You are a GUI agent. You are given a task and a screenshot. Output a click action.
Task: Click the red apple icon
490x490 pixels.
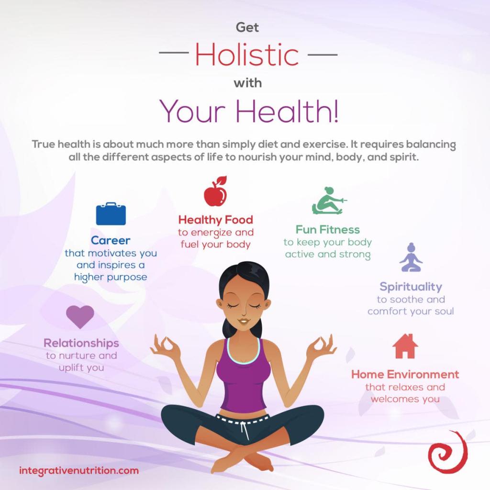point(215,192)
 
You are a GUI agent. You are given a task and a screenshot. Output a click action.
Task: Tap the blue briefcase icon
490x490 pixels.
point(111,214)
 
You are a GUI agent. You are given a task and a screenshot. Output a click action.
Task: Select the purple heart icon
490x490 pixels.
point(80,316)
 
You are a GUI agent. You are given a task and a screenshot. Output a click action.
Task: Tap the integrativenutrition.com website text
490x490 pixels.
point(79,470)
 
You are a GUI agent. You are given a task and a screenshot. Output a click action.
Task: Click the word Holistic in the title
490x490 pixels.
point(247,55)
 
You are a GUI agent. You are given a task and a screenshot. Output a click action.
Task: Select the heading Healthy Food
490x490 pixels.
point(215,220)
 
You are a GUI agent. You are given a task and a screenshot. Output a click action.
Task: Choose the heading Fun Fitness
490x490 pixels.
point(327,230)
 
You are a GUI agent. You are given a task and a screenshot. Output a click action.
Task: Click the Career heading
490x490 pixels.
point(111,240)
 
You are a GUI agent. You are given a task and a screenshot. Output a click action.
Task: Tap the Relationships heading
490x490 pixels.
point(81,343)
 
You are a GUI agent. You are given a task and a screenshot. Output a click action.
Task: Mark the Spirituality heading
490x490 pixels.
point(411,287)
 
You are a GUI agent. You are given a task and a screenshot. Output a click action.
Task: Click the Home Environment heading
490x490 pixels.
point(405,374)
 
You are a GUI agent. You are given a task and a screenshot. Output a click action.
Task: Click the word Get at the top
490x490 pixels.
point(247,28)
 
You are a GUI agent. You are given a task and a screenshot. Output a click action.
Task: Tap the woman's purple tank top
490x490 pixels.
point(243,378)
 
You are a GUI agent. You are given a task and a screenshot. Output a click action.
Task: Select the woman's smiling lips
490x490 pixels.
point(244,321)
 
